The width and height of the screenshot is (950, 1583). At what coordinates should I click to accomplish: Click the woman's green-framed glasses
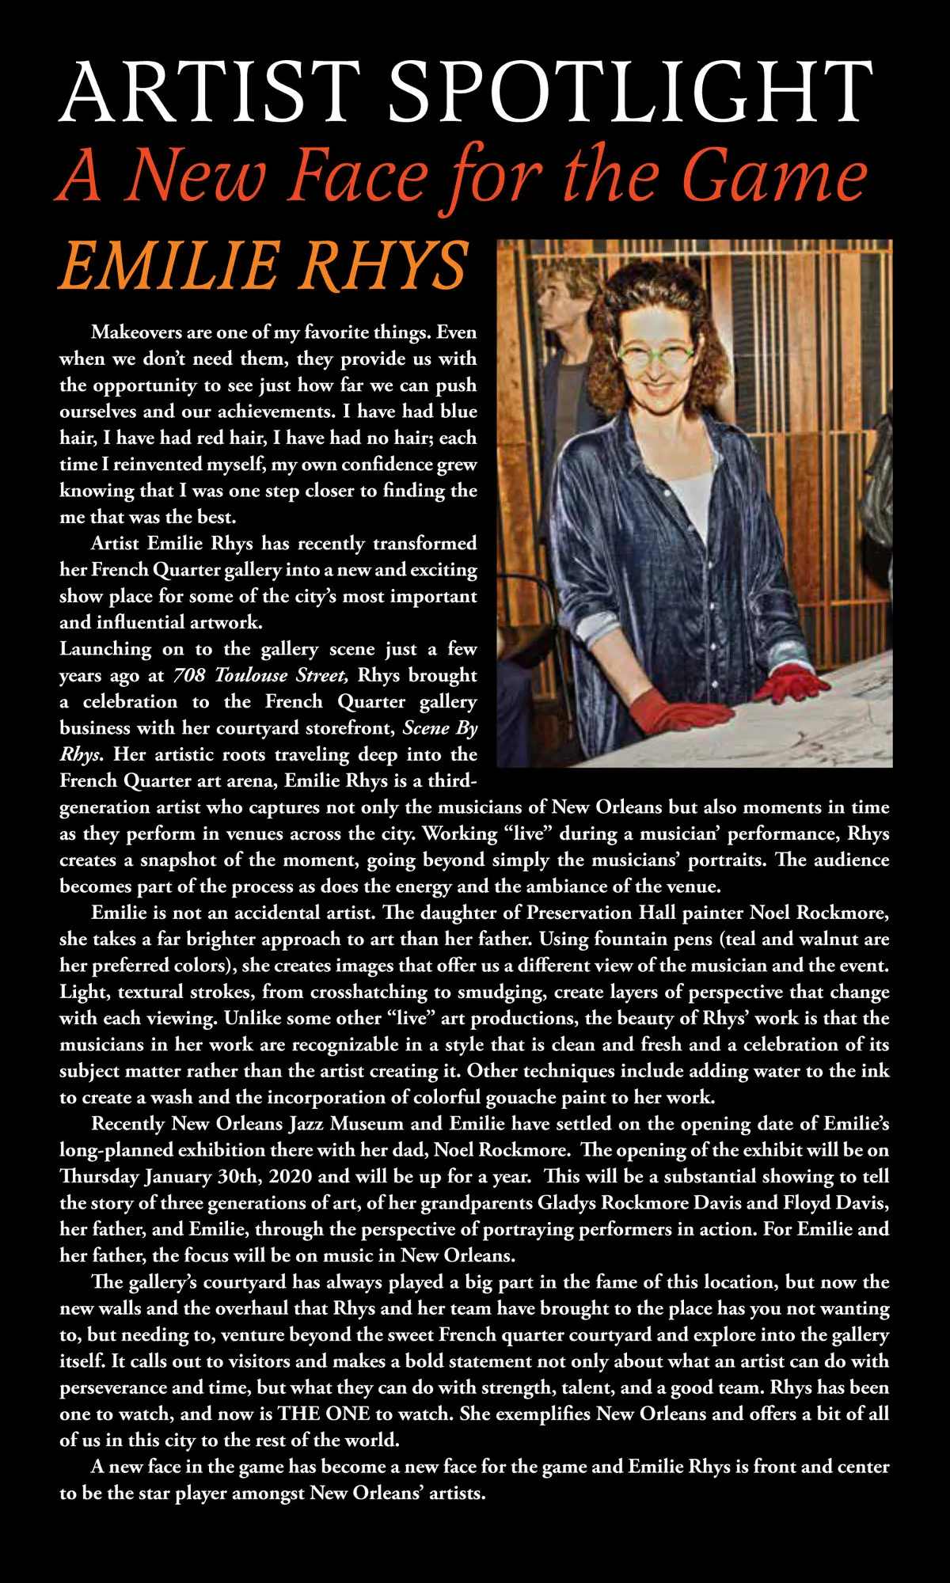pos(655,354)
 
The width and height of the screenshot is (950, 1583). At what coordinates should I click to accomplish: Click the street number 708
pos(189,675)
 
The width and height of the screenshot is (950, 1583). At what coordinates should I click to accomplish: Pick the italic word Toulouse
pos(246,675)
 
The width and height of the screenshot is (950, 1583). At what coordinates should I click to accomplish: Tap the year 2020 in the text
pos(291,1176)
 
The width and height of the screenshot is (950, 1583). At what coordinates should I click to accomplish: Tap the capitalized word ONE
pos(346,1414)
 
